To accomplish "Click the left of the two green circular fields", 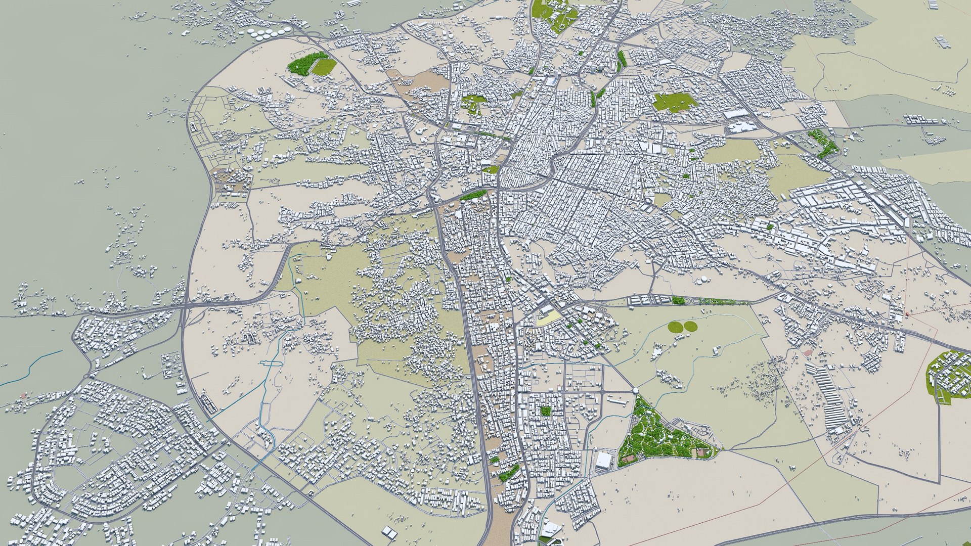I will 675,327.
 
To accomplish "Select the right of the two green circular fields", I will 690,327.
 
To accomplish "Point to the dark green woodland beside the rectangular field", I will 303,63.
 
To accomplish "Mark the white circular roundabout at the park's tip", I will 635,391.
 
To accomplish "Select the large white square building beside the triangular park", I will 604,460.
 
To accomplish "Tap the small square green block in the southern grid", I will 545,411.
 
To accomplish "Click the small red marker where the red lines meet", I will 907,314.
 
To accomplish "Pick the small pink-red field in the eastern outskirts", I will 807,352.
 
